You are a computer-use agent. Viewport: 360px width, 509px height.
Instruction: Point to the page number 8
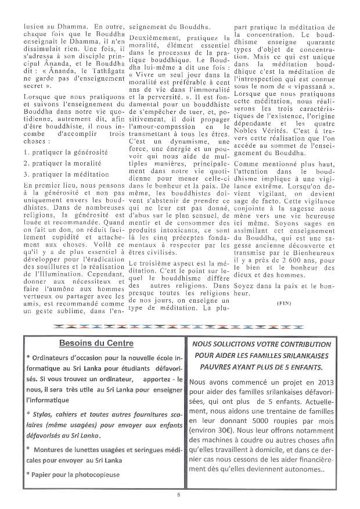(x=180, y=495)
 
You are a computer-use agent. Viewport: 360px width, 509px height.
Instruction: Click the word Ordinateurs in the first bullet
(x=53, y=356)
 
